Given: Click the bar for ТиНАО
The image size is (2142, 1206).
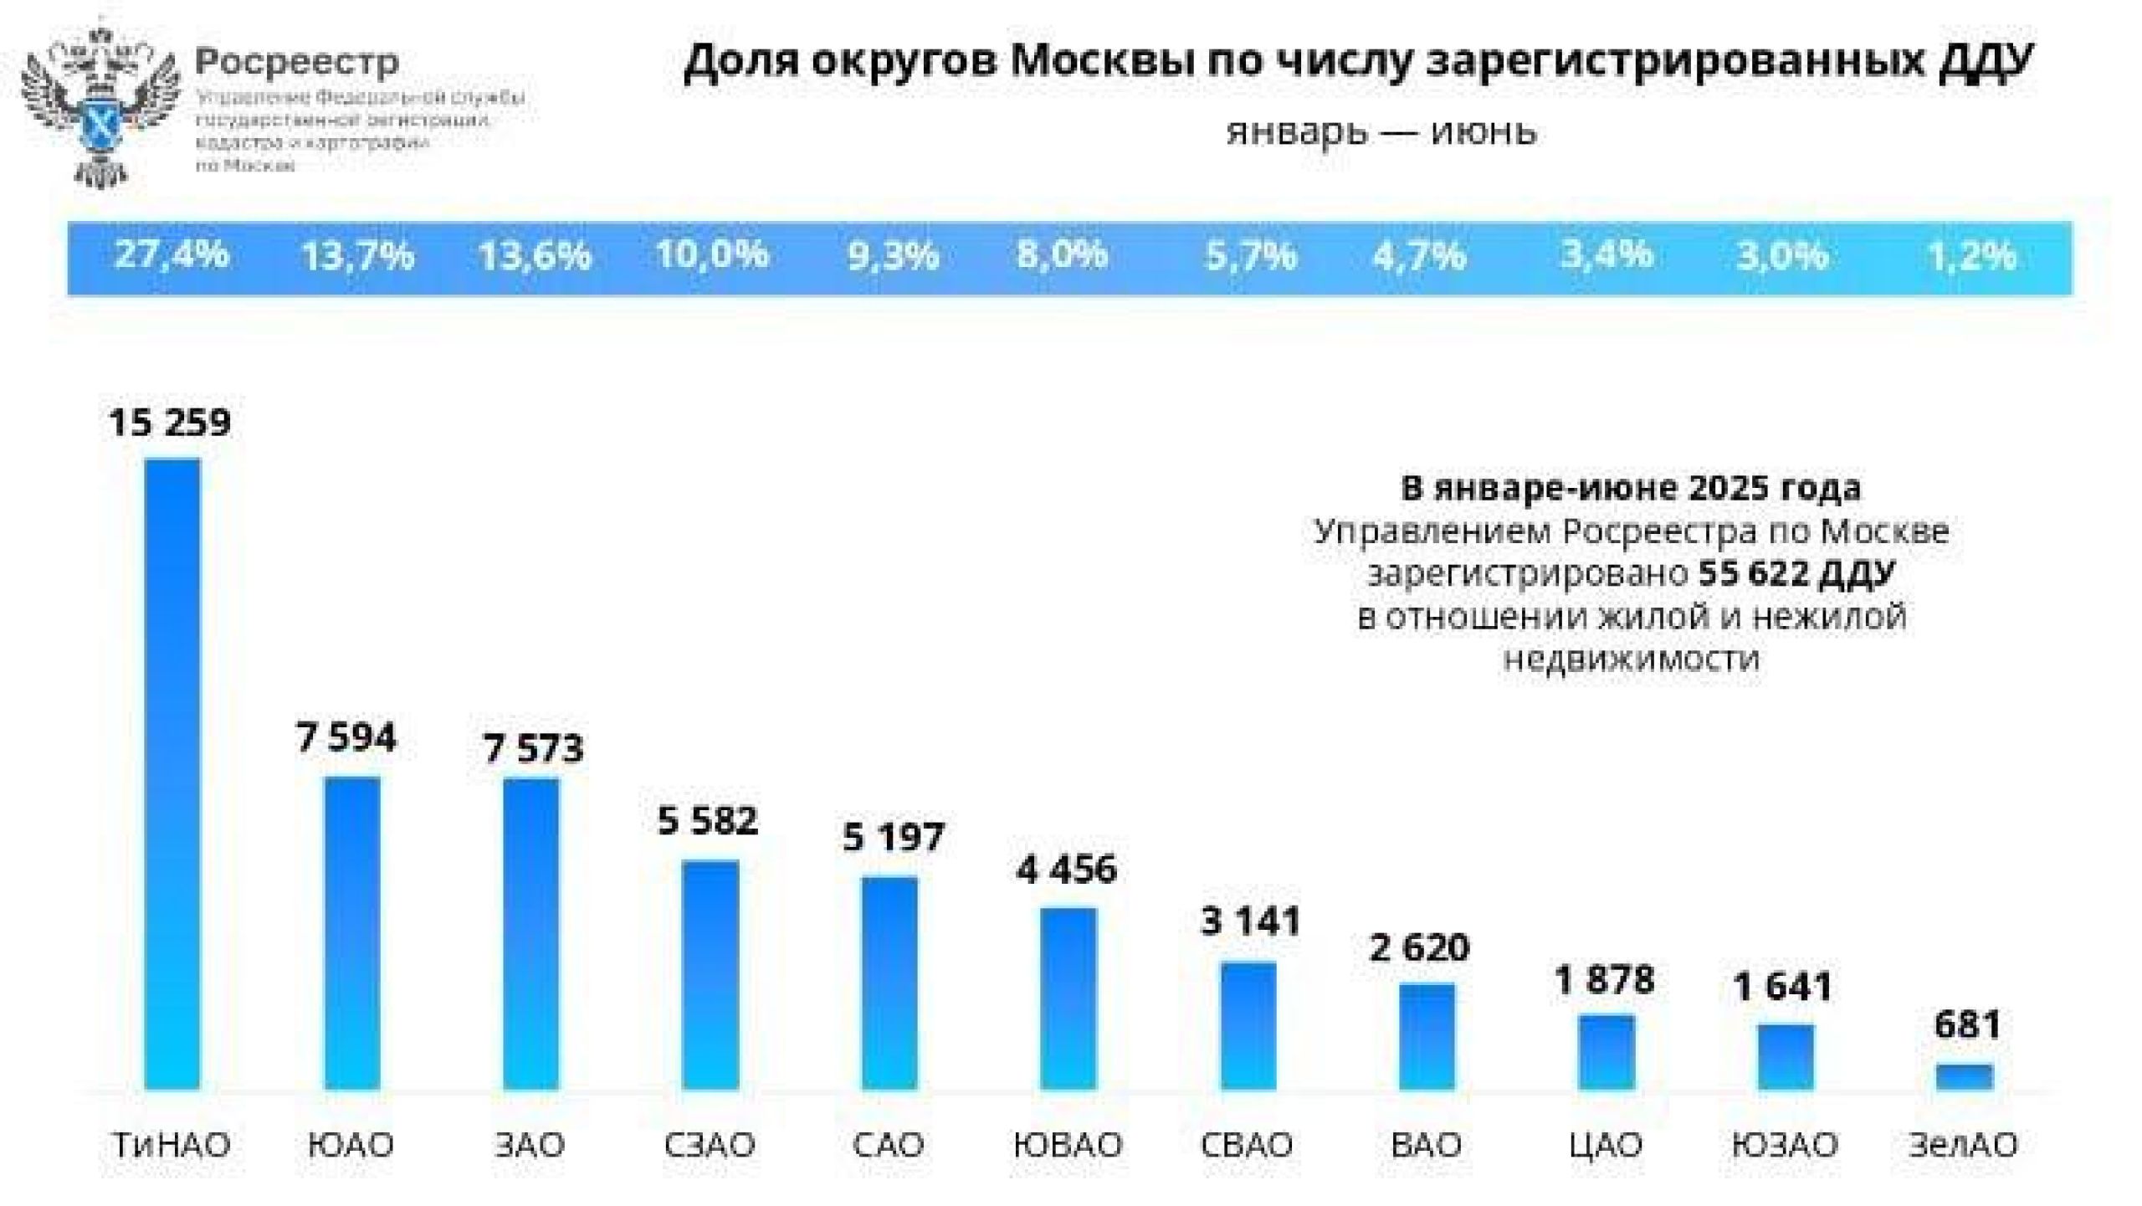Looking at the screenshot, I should click(x=172, y=774).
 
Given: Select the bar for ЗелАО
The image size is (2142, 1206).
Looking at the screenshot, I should click(x=1965, y=1077).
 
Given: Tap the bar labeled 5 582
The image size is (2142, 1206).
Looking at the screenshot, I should click(x=710, y=975).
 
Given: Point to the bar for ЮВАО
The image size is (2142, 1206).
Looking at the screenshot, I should click(x=1068, y=998).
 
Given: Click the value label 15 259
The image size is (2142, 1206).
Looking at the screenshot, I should click(x=169, y=423).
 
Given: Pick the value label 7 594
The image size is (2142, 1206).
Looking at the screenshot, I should click(x=346, y=738).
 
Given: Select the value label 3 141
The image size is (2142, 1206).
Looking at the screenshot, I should click(x=1251, y=921).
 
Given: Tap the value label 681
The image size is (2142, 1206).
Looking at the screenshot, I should click(x=1967, y=1024).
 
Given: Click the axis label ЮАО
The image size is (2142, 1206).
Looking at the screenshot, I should click(x=351, y=1144).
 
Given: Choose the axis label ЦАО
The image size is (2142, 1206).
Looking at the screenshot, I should click(x=1606, y=1144).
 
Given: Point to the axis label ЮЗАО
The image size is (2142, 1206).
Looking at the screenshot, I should click(x=1785, y=1144).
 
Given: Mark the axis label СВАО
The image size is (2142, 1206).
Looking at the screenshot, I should click(x=1247, y=1144).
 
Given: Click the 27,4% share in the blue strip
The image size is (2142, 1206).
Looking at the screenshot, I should click(x=172, y=254).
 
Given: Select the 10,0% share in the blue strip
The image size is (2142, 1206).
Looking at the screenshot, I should click(x=711, y=254).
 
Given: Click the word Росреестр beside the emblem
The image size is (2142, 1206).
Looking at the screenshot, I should click(x=297, y=61).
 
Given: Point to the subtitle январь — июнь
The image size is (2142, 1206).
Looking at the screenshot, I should click(x=1381, y=132).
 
